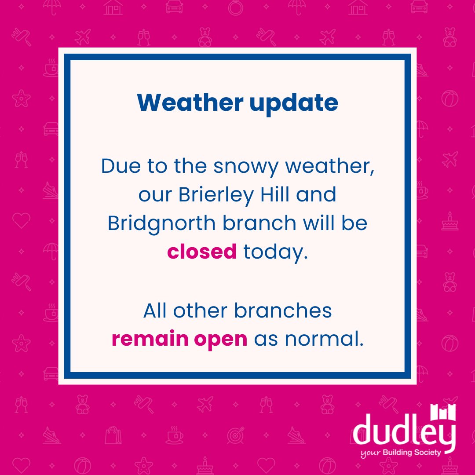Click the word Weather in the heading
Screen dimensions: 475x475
[x=190, y=103]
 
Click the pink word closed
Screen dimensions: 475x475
[x=202, y=252]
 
